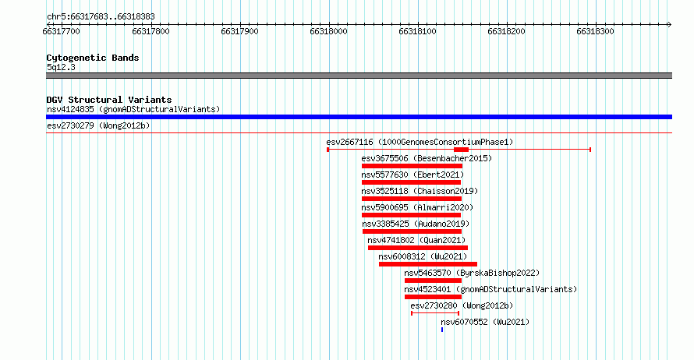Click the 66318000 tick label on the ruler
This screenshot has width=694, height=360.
tap(328, 31)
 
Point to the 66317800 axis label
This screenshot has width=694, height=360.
tap(150, 31)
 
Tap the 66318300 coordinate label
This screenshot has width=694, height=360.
tap(595, 31)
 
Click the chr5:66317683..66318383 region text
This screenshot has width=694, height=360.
tap(101, 17)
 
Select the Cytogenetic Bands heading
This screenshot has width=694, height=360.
tap(93, 58)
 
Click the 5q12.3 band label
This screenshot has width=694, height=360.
tap(61, 67)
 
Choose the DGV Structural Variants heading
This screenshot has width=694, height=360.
tap(109, 100)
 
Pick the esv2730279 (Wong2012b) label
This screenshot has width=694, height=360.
tap(98, 125)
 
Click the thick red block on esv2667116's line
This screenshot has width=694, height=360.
tap(461, 150)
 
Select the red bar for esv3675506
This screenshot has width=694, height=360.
tap(412, 166)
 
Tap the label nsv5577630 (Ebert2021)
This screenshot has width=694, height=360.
tap(413, 175)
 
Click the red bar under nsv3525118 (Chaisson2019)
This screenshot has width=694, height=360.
tap(412, 199)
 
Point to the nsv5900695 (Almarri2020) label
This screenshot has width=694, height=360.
tap(417, 207)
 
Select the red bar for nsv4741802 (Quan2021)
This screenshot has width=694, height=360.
tap(418, 248)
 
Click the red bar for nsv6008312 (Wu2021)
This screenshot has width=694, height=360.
tap(428, 264)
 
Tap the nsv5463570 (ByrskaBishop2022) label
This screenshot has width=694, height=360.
tap(472, 273)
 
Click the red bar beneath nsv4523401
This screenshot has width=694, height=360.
tap(433, 297)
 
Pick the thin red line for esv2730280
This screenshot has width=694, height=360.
tap(435, 313)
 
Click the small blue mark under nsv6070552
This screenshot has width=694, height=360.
tap(442, 330)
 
